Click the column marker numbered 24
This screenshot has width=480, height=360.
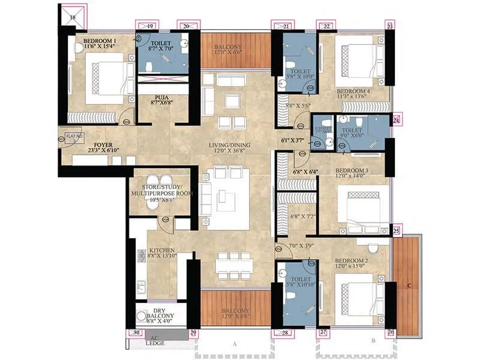coord(396,119)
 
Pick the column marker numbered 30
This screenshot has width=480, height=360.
coord(135,332)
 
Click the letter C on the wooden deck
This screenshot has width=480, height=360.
coord(408,285)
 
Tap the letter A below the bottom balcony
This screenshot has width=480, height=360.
coord(234,344)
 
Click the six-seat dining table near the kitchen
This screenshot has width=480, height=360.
coord(234,265)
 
